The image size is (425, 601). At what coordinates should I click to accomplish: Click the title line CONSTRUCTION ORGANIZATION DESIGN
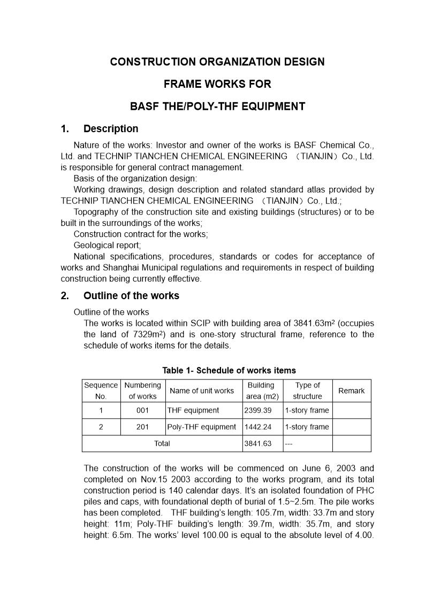217,62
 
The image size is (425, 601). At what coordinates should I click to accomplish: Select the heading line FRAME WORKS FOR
217,84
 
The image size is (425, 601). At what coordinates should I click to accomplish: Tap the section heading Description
110,129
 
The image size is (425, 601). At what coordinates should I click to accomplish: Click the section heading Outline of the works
131,296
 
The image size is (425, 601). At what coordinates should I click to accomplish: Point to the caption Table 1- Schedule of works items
229,370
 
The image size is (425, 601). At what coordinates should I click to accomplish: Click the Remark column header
351,391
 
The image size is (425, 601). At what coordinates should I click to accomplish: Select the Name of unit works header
201,391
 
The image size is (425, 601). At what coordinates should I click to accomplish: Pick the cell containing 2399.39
258,410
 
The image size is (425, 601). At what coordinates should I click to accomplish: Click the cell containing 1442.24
258,427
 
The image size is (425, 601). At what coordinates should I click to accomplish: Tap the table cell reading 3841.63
258,444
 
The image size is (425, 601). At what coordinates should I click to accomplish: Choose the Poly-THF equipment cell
201,427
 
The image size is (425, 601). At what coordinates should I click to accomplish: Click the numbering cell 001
142,410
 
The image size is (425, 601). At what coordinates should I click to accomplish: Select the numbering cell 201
142,427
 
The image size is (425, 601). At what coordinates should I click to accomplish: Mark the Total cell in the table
162,444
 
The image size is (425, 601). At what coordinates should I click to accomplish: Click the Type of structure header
307,391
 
